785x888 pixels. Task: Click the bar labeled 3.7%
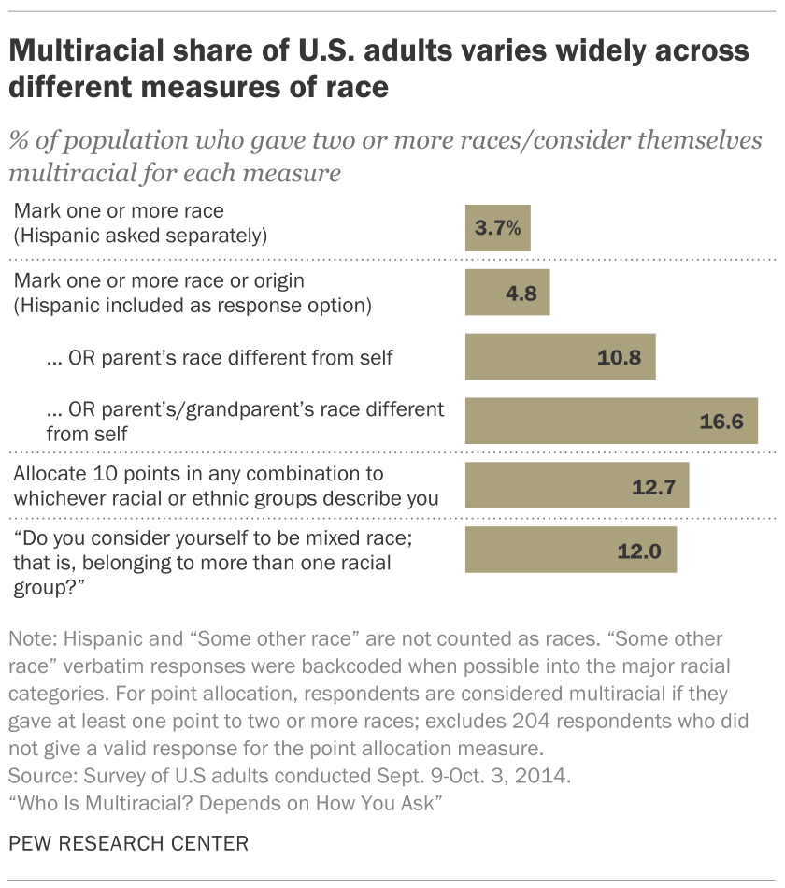tap(497, 227)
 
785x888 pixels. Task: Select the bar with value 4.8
tap(507, 292)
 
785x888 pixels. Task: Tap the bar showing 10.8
tap(560, 357)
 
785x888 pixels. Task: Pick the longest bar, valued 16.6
tap(611, 422)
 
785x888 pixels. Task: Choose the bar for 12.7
tap(578, 486)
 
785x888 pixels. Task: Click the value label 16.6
tap(721, 423)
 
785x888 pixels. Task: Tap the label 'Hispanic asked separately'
tap(140, 235)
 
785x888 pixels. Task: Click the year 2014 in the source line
tap(428, 775)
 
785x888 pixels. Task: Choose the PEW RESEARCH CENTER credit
tap(128, 844)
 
